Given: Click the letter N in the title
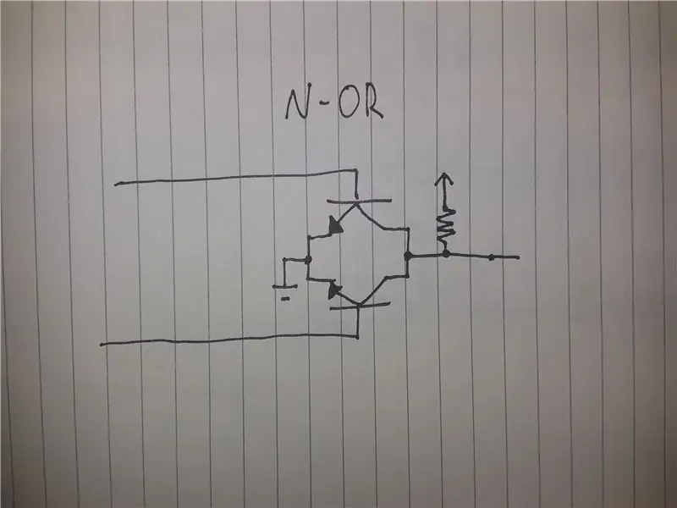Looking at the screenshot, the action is coord(297,104).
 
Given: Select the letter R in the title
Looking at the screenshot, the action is coord(373,103).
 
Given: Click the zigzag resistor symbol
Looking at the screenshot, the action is coord(446,225).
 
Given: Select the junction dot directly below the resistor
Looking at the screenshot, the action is coord(446,254).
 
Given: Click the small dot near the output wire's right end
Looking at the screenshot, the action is coord(491,258).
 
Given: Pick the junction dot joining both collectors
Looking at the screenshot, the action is coord(408,257).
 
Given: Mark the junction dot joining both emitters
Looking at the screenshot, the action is coord(308,260).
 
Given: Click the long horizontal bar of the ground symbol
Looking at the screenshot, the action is coord(284,286).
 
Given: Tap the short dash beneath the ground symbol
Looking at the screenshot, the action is coord(285,298).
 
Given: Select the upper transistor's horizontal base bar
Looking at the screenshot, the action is coord(359,201).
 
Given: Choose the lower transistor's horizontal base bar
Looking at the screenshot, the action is coord(360,306).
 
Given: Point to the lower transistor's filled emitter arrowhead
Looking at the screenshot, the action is coord(334,290).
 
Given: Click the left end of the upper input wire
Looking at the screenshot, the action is coord(115,185).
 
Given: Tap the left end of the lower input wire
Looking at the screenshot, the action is coord(102,345).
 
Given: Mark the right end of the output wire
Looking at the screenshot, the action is coord(518,257).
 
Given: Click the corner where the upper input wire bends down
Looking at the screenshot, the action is coord(356,171).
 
